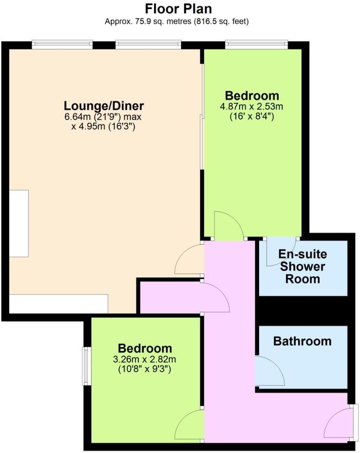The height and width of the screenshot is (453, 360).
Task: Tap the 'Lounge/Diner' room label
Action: (104, 105)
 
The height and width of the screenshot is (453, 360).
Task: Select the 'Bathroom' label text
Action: (302, 341)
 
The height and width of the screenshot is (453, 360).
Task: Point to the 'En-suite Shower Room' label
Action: (302, 266)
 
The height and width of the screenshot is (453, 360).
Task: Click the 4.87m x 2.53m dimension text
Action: (252, 106)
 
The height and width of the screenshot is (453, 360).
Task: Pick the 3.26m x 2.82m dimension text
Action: (145, 359)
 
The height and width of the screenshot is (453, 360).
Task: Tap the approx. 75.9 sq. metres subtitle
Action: (177, 21)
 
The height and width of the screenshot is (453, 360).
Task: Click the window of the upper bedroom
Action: (257, 44)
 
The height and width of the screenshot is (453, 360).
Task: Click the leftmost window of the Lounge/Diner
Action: (62, 44)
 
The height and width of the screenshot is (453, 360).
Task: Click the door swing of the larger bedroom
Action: (229, 226)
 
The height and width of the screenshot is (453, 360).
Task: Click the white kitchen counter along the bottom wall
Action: (58, 303)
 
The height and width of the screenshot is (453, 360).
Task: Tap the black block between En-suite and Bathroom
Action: (303, 310)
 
